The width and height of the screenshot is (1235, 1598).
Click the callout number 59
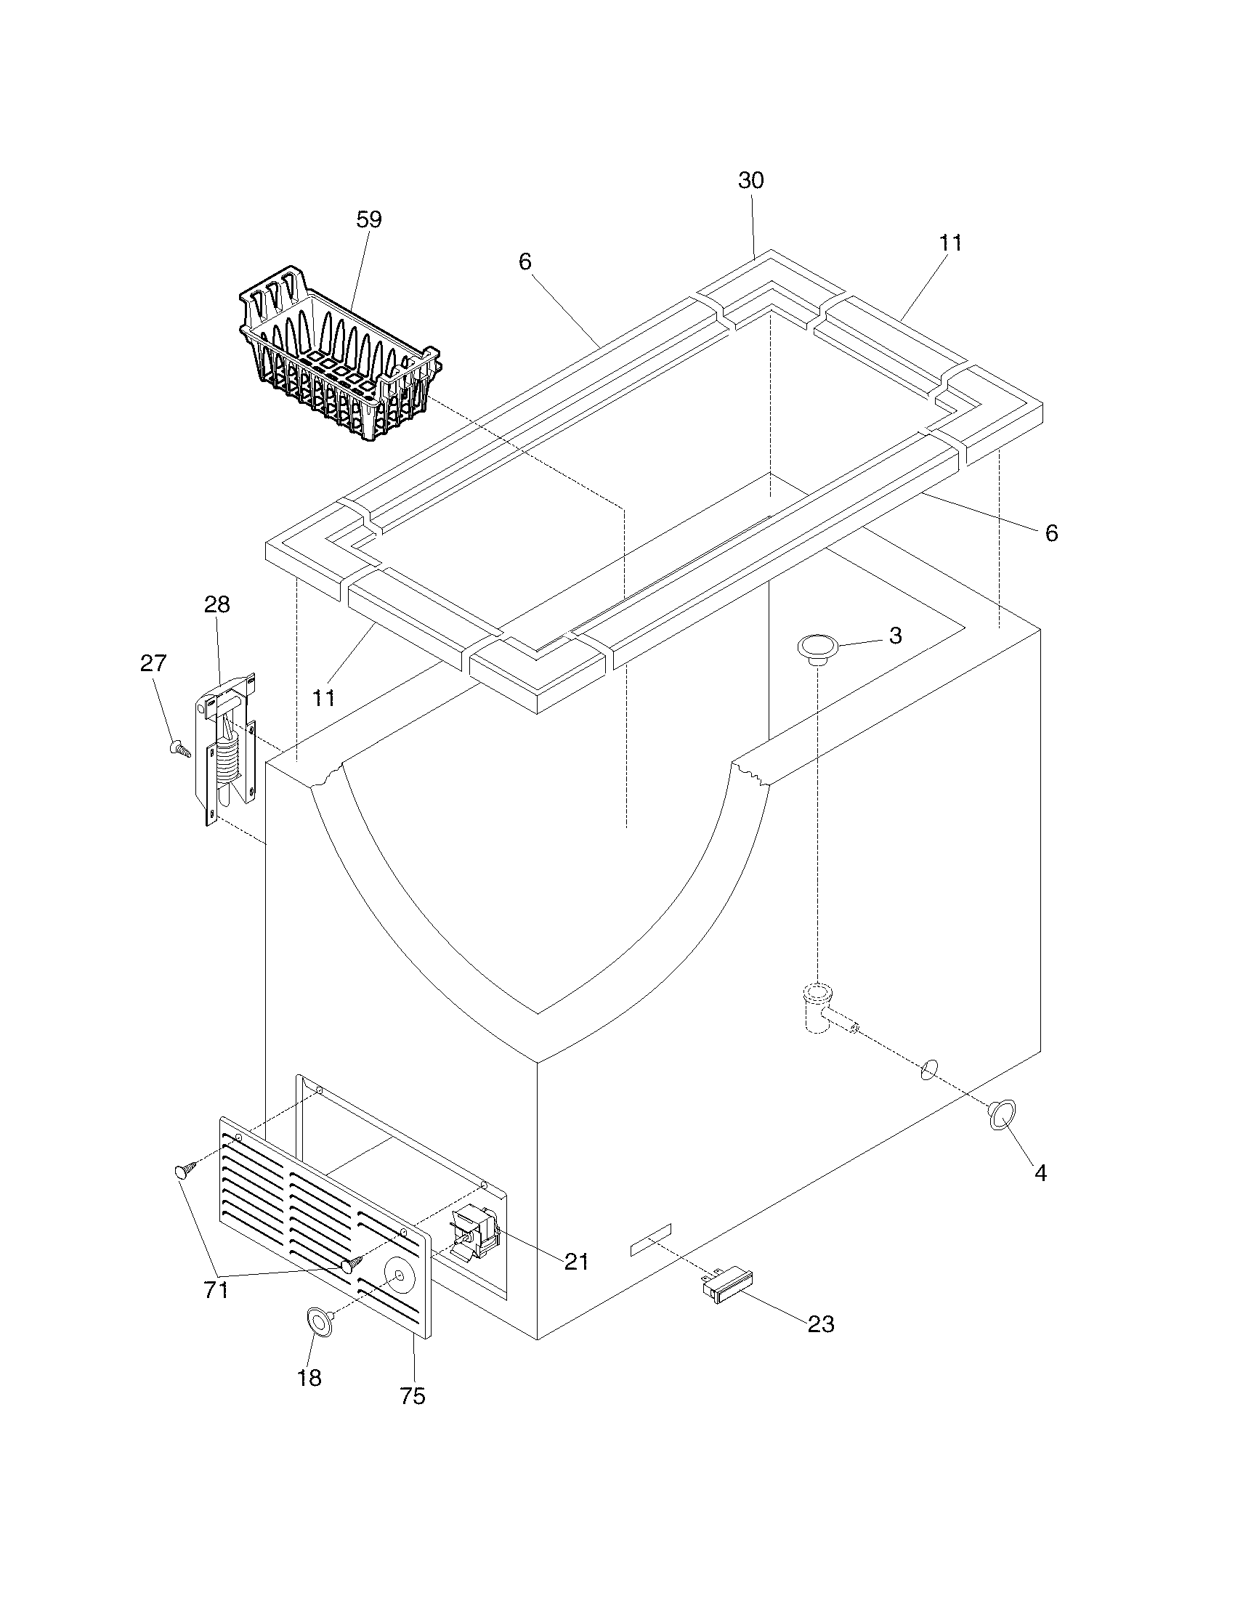click(x=369, y=219)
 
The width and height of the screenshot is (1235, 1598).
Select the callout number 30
click(x=750, y=181)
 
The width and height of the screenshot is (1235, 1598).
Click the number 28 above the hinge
click(x=216, y=604)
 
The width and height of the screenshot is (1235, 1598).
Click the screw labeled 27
click(x=179, y=748)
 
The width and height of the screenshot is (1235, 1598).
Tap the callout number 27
click(x=153, y=664)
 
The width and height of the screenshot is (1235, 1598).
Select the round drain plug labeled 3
click(x=817, y=647)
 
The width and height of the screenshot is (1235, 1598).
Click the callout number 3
click(x=896, y=636)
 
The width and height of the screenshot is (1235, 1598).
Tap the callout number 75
click(x=413, y=1396)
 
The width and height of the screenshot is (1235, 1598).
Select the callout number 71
click(x=216, y=1290)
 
